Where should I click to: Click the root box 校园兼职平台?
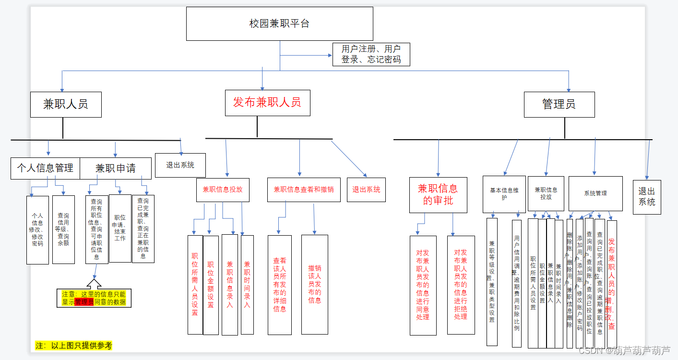pos(279,24)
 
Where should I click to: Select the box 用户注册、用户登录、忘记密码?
pos(372,54)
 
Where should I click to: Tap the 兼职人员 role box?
pos(66,104)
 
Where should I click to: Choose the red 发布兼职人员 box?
pos(267,103)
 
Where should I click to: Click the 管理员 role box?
pos(559,104)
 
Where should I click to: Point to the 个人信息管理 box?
pos(45,168)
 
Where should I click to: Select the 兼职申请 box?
pos(115,168)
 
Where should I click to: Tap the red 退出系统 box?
pos(366,190)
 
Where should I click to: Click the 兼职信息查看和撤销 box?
pos(304,190)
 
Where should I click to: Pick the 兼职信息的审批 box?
pos(438,194)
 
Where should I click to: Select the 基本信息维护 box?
pos(504,194)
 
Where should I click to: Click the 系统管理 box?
pos(595,193)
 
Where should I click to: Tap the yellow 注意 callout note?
pos(94,298)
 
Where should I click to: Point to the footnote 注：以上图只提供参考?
pos(74,346)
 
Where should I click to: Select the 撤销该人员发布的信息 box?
pos(315,284)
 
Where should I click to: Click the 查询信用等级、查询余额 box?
pos(63,229)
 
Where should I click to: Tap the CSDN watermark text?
pos(624,350)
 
